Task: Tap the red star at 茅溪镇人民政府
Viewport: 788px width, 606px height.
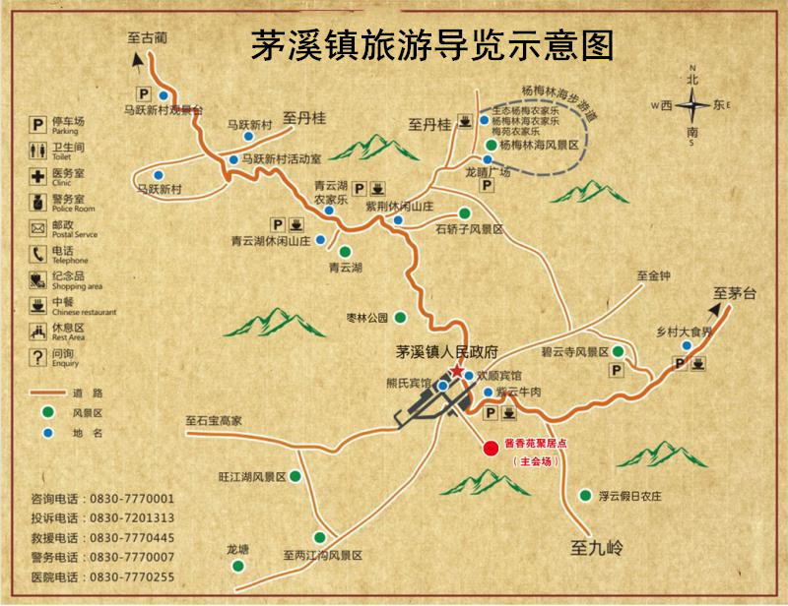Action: coord(456,370)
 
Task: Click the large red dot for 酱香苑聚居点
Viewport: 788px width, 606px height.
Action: coord(491,448)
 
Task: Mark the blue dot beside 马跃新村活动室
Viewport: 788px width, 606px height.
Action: coord(232,158)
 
